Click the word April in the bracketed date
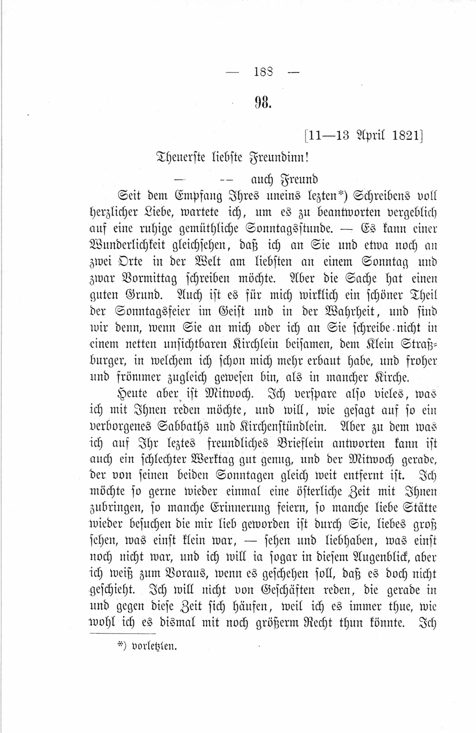[x=368, y=136]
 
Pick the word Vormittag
[x=149, y=279]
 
